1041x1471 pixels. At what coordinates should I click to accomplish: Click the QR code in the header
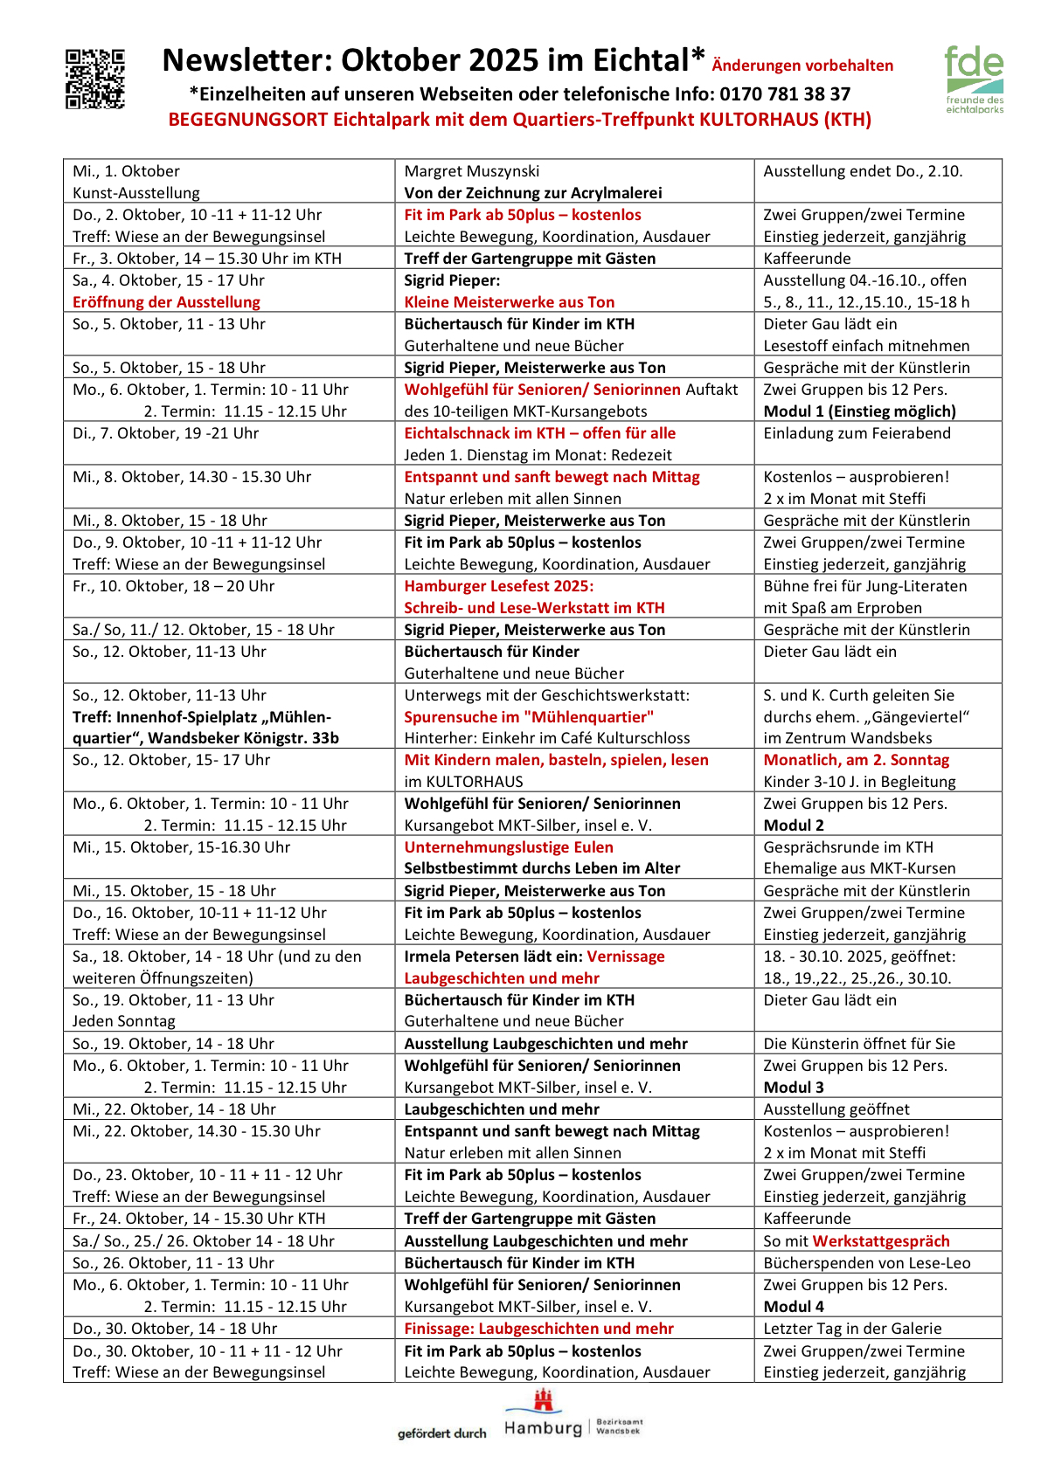[95, 79]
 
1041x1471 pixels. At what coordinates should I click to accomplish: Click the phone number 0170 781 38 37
[785, 94]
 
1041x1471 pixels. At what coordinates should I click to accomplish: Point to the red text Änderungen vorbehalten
[802, 66]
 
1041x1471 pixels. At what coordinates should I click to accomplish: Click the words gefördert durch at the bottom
[441, 1433]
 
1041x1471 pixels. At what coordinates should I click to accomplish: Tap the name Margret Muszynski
[471, 171]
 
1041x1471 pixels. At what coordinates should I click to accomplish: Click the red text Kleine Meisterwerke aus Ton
[509, 302]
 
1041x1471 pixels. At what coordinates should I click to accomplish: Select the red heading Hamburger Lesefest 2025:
[498, 586]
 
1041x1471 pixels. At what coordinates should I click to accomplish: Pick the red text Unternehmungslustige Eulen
[508, 847]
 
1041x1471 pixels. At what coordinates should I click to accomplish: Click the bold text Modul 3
[793, 1088]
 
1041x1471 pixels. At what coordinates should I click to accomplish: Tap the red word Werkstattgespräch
[880, 1241]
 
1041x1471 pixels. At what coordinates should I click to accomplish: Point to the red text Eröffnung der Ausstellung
[166, 302]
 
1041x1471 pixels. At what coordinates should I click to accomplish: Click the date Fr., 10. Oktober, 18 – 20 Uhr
[173, 586]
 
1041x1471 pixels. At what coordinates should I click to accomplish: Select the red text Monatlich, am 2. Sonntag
[856, 760]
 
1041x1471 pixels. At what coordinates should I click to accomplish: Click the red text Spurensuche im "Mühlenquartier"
[529, 717]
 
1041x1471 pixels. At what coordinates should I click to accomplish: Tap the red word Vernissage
[625, 956]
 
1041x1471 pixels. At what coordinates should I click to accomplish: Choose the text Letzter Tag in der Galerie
[852, 1329]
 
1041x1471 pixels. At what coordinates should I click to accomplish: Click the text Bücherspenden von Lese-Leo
[866, 1263]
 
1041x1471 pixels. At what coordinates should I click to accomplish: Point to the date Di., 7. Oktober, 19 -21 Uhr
[162, 433]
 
